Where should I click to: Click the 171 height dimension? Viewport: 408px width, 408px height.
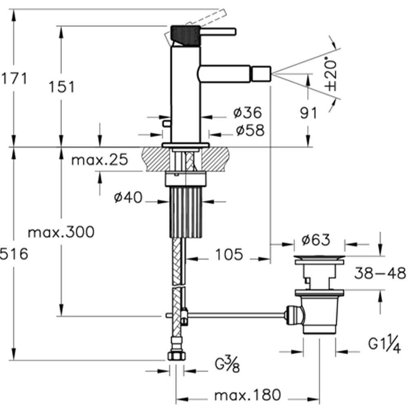point(14,78)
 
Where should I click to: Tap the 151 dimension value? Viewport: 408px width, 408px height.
point(62,86)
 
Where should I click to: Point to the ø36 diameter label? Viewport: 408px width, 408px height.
point(248,113)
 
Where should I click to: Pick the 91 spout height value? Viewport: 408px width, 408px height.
point(309,113)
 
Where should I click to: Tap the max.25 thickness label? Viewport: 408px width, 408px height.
point(100,160)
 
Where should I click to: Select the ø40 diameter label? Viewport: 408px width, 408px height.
point(128,197)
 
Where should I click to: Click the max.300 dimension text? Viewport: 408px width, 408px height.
point(61,232)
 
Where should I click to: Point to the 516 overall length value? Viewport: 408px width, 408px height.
point(14,254)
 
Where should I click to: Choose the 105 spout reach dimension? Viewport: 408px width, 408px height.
point(229,254)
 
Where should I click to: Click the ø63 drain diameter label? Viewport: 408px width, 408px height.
point(316,239)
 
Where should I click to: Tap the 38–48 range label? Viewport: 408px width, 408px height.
point(380,273)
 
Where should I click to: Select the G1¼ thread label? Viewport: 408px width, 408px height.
point(384,344)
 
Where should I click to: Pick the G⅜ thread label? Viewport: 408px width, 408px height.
point(227,364)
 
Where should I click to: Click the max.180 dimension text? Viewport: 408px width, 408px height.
point(248,395)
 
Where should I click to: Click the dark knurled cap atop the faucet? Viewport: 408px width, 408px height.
point(185,35)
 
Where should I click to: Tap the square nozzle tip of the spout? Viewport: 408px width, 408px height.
point(261,74)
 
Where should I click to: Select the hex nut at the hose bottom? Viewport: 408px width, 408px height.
point(177,356)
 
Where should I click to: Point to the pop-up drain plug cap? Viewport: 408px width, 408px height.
point(320,258)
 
